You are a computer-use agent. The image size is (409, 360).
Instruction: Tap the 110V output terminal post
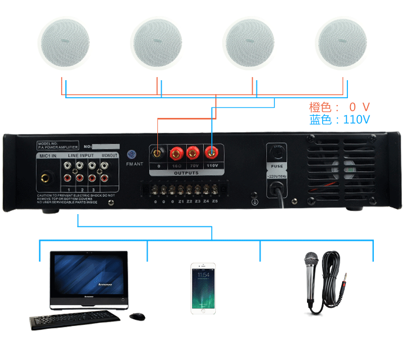(x=211, y=153)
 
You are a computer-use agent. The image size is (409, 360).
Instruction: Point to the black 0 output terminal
(x=157, y=153)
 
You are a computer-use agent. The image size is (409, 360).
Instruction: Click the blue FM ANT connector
(x=131, y=154)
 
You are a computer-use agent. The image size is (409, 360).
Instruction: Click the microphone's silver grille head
(x=311, y=258)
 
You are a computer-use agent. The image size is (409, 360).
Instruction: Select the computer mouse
(x=137, y=316)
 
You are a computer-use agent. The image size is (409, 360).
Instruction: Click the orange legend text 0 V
(x=359, y=107)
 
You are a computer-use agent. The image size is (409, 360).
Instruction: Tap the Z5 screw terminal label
(x=215, y=201)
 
